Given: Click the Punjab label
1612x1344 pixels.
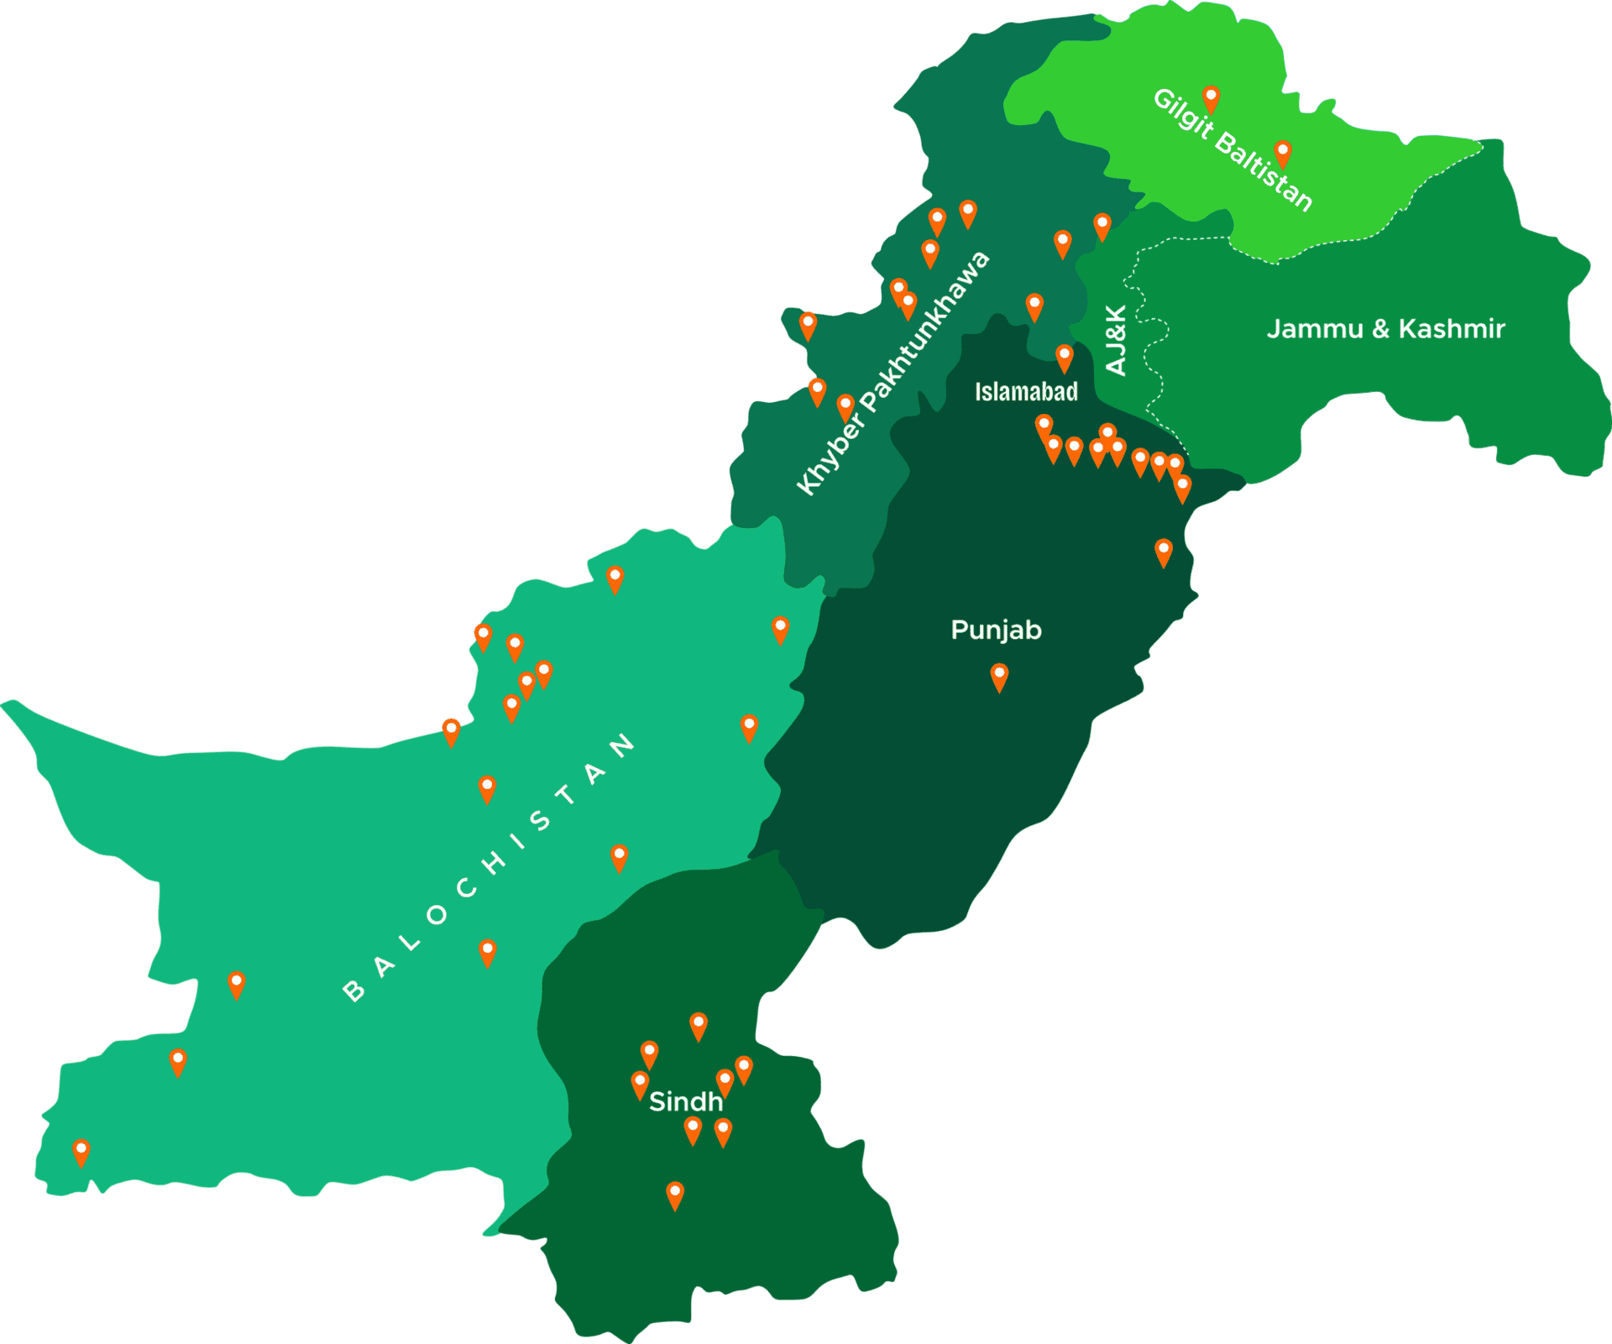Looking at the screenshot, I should (996, 630).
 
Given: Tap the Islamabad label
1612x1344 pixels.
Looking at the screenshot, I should (1026, 391).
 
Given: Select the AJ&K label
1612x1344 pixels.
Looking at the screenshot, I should (1116, 340).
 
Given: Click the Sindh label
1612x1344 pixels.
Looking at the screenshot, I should (686, 1101).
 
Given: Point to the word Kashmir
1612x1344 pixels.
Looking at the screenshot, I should (1452, 328).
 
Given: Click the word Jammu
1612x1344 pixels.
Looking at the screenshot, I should (1315, 328).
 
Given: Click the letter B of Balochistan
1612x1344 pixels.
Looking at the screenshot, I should (354, 992).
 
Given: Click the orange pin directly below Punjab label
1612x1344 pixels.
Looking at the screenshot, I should (999, 675).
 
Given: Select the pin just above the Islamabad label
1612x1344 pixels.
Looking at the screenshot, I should (1064, 356).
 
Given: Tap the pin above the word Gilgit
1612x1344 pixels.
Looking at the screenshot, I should (1211, 97).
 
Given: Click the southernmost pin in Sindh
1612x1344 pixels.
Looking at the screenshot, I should (675, 1193).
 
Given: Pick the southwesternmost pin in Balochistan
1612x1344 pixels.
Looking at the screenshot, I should (81, 1151).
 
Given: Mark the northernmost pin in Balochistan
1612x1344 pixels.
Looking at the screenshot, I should (615, 578).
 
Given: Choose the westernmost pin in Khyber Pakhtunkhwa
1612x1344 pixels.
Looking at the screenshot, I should (808, 324).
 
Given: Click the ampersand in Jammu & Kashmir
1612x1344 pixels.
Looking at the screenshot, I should (1381, 329).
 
